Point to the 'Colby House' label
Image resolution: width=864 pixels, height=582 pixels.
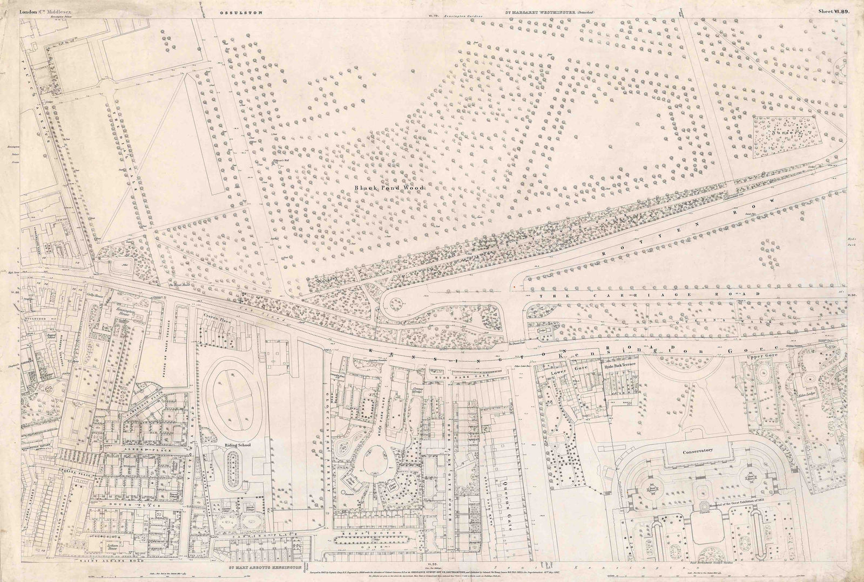(x=94, y=296)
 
